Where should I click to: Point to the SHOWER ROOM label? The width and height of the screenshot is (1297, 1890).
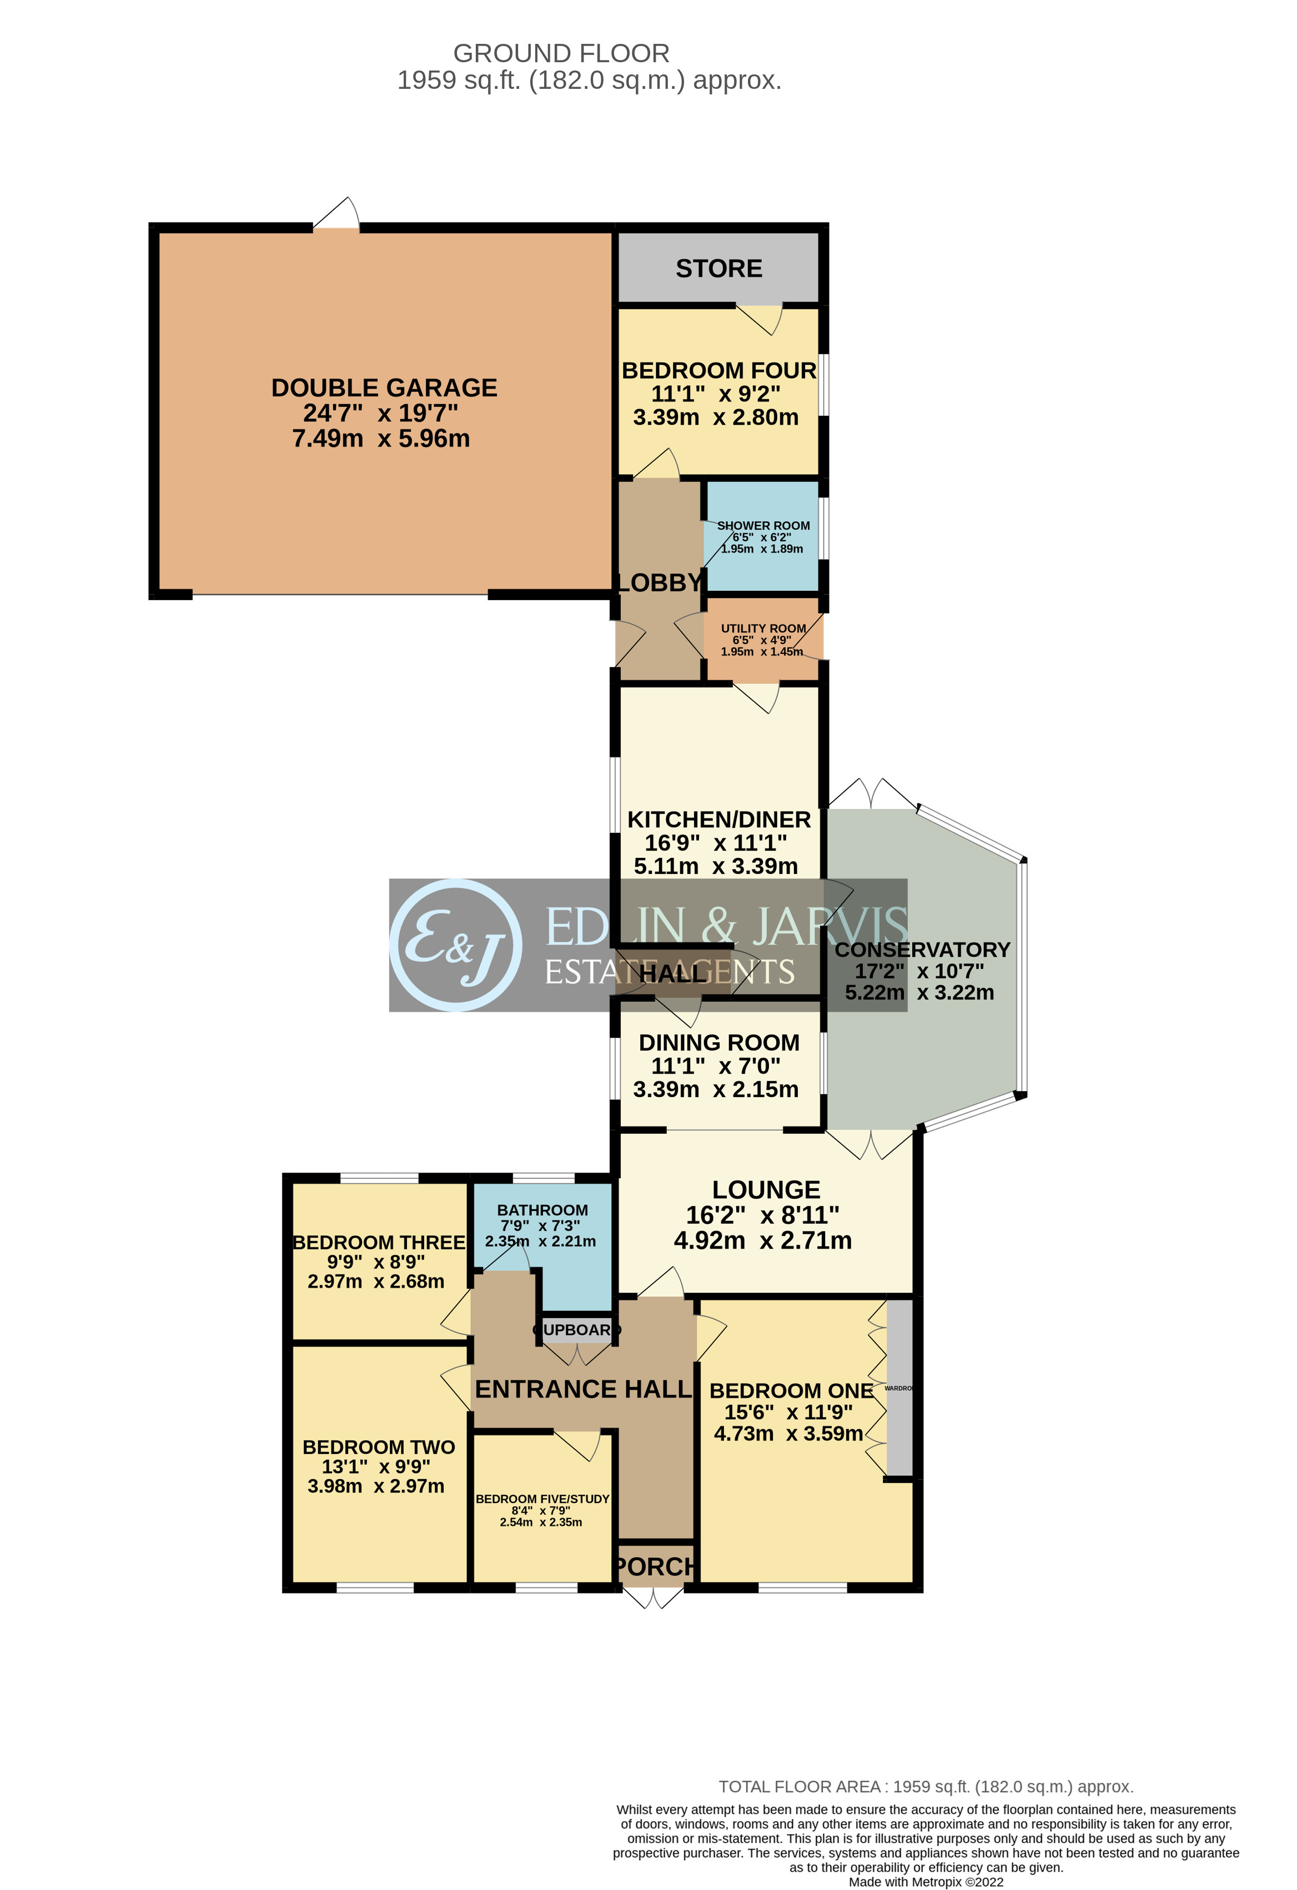click(763, 525)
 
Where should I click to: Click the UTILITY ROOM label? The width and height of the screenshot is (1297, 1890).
click(763, 628)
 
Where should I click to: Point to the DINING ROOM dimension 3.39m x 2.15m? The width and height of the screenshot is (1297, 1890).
click(716, 1089)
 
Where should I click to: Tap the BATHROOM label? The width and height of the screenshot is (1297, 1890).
click(542, 1210)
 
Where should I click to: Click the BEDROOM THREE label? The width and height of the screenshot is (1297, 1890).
click(379, 1243)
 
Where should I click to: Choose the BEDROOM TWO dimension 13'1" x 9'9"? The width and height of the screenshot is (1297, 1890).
click(376, 1466)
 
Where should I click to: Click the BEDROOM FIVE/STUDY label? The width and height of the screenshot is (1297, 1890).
click(542, 1499)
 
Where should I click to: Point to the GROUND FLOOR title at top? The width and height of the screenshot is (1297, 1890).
click(561, 54)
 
